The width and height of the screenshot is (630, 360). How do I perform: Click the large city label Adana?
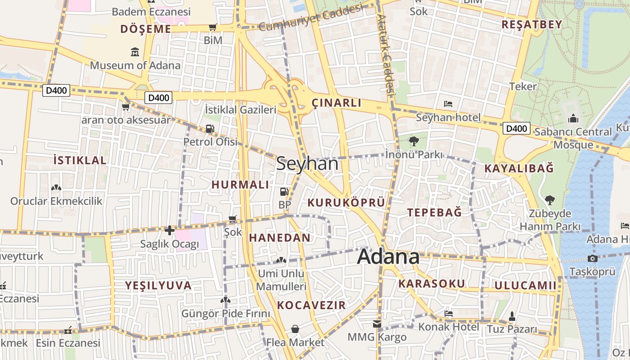[x=388, y=256]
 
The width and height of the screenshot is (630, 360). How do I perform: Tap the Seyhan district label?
[x=307, y=163]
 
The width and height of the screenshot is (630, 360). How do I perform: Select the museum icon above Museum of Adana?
[x=135, y=52]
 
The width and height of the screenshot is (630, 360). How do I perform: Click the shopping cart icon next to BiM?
[x=213, y=27]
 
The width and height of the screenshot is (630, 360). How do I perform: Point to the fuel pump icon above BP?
[x=284, y=192]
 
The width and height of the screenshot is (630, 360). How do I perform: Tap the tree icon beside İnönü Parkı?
[x=414, y=142]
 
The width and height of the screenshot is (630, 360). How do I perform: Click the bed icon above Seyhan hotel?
[x=448, y=104]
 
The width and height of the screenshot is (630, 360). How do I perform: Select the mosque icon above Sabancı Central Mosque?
[x=573, y=119]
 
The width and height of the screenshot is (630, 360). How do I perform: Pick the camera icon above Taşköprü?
[x=592, y=258]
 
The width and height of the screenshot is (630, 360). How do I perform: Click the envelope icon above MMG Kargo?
[x=377, y=324]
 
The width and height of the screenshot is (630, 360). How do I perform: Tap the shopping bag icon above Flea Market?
[x=295, y=329]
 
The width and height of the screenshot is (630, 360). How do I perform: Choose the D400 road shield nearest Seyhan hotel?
[x=516, y=129]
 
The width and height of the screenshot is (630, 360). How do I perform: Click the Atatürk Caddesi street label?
[x=386, y=54]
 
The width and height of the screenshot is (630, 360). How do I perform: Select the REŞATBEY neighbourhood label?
[x=532, y=24]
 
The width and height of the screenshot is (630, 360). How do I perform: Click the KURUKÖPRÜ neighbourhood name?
[x=346, y=203]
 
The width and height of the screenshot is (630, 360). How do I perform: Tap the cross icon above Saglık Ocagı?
[x=169, y=231]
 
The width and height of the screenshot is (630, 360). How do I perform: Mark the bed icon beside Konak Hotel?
[x=448, y=314]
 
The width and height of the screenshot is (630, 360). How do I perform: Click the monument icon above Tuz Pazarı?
[x=512, y=316]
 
